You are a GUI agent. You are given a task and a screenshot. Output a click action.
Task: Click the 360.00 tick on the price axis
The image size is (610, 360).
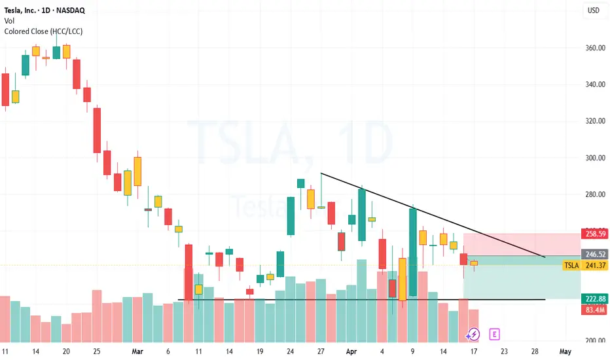pyautogui.click(x=594, y=48)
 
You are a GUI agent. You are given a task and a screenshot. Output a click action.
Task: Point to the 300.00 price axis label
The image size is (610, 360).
pyautogui.click(x=594, y=158)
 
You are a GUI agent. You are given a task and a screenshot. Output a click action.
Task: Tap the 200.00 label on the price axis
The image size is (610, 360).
pyautogui.click(x=594, y=341)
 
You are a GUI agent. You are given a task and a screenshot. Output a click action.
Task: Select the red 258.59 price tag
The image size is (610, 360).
pyautogui.click(x=594, y=234)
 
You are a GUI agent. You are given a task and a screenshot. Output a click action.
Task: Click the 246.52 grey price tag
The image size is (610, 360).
pyautogui.click(x=594, y=255)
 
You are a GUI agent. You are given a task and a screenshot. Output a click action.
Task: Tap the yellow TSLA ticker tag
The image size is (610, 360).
pyautogui.click(x=571, y=265)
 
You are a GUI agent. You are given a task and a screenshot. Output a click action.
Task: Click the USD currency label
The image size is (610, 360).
pyautogui.click(x=594, y=10)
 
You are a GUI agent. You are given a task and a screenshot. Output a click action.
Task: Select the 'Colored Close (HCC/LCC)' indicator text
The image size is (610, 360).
pyautogui.click(x=43, y=31)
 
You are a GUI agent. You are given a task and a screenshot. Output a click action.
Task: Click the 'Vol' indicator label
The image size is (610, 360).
pyautogui.click(x=10, y=20)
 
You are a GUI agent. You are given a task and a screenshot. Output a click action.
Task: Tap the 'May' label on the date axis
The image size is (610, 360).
pyautogui.click(x=565, y=351)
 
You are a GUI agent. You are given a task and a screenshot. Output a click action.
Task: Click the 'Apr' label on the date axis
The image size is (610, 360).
pyautogui.click(x=351, y=351)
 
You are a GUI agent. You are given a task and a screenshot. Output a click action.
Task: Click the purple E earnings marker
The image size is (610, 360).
pyautogui.click(x=495, y=334)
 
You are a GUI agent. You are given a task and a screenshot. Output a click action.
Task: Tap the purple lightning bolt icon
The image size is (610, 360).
pyautogui.click(x=473, y=334)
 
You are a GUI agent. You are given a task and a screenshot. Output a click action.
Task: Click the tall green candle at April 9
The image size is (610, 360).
pyautogui.click(x=413, y=252)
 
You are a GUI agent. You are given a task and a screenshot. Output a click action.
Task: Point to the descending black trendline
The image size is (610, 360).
pyautogui.click(x=432, y=216)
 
